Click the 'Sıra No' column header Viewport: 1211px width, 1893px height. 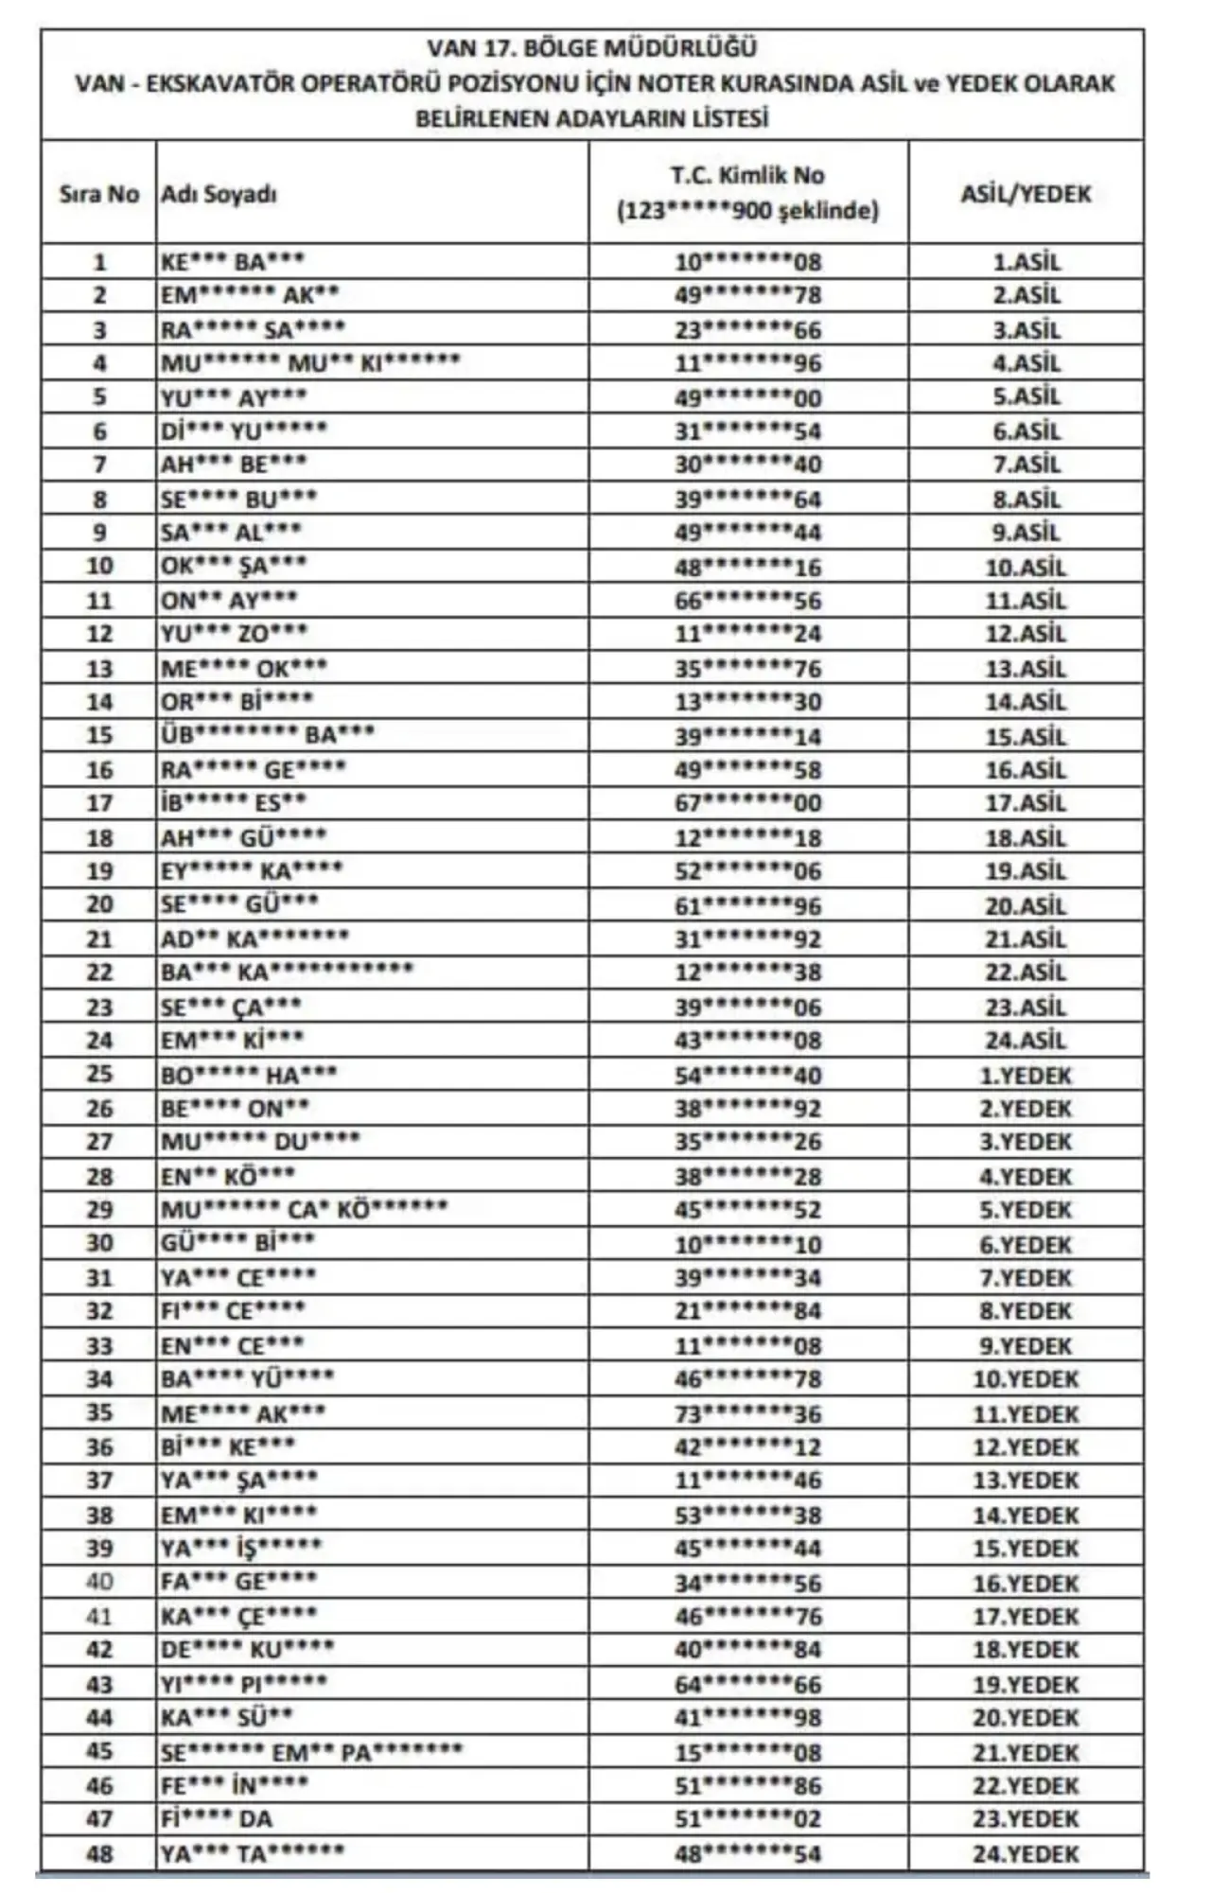coord(98,194)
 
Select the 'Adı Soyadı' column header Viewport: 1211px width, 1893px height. coord(219,194)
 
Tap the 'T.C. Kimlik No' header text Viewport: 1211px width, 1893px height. coord(747,175)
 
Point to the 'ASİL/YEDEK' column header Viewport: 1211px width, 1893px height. coord(1026,194)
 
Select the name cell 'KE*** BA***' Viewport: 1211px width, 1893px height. coord(232,261)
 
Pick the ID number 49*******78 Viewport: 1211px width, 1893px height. coord(747,295)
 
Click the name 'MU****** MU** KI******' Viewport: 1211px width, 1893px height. coord(309,362)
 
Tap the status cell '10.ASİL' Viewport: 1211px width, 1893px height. coord(1026,567)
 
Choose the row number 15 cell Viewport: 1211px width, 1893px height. coord(98,735)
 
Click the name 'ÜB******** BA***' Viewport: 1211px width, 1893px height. coord(267,735)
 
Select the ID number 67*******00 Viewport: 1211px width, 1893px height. coord(747,803)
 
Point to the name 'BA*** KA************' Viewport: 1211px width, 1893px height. coord(287,972)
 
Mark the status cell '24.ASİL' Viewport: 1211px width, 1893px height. coord(1026,1041)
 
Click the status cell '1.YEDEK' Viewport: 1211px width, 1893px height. coord(1026,1075)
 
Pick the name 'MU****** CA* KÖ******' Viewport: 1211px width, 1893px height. coord(304,1209)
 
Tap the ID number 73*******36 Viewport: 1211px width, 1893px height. coord(747,1413)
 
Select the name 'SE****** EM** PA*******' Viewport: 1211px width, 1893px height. coord(311,1751)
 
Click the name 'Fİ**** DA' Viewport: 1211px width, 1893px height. coord(217,1818)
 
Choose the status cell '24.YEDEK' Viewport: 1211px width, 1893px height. coord(1026,1853)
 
